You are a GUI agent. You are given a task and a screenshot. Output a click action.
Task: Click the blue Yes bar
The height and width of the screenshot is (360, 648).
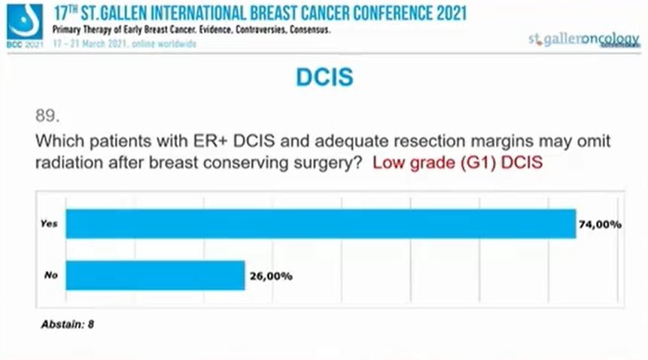[x=320, y=224]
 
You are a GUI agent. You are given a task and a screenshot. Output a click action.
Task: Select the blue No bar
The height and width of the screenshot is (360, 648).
[x=155, y=276]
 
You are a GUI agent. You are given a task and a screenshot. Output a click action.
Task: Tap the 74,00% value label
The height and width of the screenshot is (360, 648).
[x=599, y=224]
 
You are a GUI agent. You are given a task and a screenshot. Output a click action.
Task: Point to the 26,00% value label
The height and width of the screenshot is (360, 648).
[x=269, y=276]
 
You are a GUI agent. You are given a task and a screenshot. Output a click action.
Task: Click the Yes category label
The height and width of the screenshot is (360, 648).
[x=50, y=224]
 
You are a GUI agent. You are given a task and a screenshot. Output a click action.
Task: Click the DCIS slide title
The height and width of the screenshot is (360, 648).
[x=324, y=77]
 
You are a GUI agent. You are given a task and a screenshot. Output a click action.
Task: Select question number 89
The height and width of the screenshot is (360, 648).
[x=47, y=116]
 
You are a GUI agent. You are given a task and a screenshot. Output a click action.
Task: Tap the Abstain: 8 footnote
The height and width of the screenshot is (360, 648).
[x=68, y=325]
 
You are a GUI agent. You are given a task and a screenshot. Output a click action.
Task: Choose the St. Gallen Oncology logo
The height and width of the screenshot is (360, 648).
[x=583, y=40]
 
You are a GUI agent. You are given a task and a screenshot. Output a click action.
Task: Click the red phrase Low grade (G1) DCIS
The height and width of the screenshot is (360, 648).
[x=458, y=162]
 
